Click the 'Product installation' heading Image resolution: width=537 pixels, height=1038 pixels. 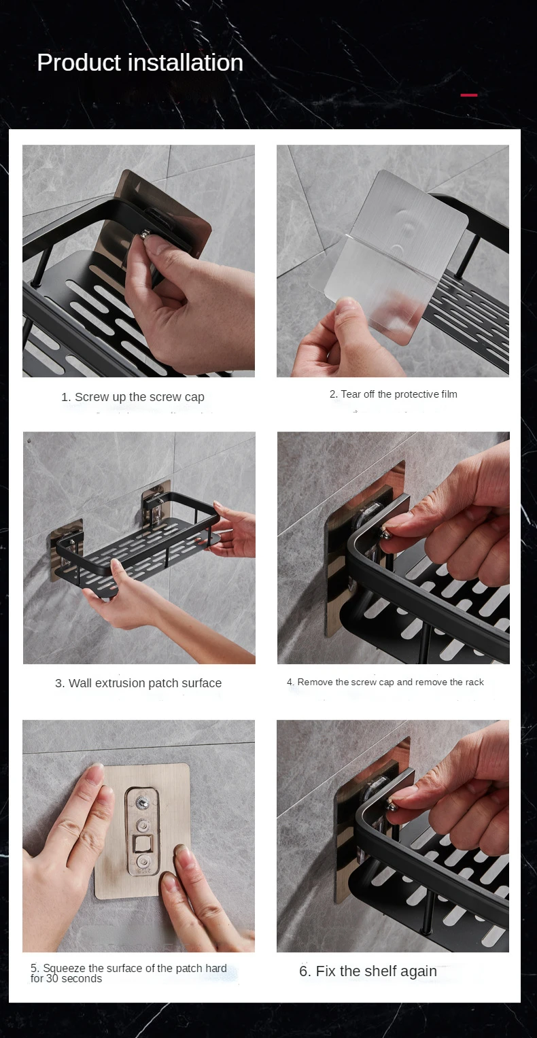[140, 63]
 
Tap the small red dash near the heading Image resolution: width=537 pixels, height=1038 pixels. [469, 95]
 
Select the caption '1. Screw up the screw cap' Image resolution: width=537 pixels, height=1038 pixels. [133, 397]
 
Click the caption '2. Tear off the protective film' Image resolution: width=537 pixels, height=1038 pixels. [393, 394]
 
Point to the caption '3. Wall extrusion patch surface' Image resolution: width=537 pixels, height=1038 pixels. [138, 683]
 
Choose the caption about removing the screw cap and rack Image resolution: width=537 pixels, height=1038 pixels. [385, 682]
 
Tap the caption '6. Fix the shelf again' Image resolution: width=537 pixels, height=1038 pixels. [368, 971]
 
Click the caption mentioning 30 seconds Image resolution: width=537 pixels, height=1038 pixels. [128, 973]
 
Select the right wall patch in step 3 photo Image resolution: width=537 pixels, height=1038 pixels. [156, 509]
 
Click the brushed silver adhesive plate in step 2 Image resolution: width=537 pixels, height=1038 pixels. [408, 218]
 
